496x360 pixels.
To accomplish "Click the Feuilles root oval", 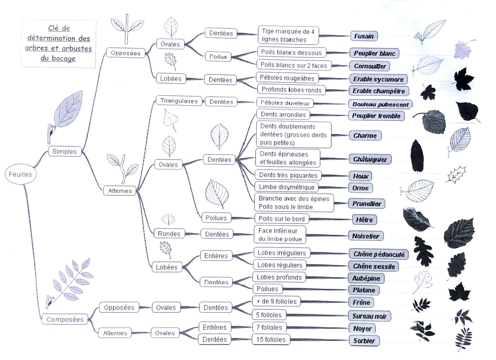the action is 20,174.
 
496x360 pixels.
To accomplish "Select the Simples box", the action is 65,151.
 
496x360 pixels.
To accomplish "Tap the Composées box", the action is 65,319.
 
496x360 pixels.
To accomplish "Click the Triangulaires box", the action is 179,101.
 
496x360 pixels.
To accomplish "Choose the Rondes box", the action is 169,233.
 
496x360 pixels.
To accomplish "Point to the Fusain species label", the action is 364,36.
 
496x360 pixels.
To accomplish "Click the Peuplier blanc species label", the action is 374,53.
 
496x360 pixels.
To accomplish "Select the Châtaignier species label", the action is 370,159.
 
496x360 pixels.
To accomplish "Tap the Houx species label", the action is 361,176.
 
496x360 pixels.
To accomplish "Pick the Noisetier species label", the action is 366,236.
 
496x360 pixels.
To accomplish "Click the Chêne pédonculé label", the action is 379,254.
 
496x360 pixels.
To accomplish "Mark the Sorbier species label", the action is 364,341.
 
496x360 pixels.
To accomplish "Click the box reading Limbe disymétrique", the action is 286,187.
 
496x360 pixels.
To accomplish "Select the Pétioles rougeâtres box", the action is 287,78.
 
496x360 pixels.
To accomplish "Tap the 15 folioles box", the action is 271,340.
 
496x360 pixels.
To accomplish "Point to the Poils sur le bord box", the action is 282,219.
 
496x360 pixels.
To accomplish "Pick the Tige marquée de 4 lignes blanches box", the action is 288,35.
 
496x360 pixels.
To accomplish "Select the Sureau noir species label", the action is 369,316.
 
